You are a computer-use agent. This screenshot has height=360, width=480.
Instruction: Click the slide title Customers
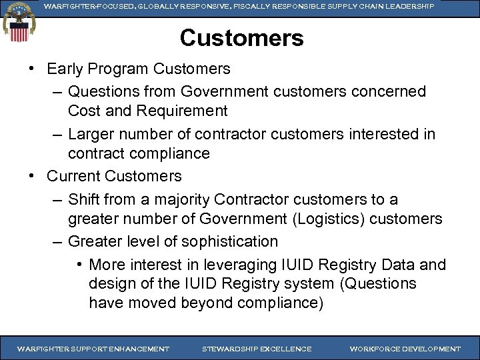tap(241, 38)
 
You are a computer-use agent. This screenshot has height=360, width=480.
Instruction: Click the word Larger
tap(93, 134)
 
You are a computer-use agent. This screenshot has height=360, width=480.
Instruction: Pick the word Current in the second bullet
tap(73, 177)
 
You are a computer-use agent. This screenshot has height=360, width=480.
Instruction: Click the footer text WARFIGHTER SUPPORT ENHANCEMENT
tap(93, 349)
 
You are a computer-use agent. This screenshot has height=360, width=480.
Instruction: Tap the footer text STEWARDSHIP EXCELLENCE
tap(257, 349)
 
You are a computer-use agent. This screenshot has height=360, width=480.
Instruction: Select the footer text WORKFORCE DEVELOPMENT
tap(405, 349)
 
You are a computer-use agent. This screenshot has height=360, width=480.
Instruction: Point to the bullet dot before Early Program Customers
tap(32, 69)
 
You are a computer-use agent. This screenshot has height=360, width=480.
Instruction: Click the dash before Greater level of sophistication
tap(56, 241)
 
